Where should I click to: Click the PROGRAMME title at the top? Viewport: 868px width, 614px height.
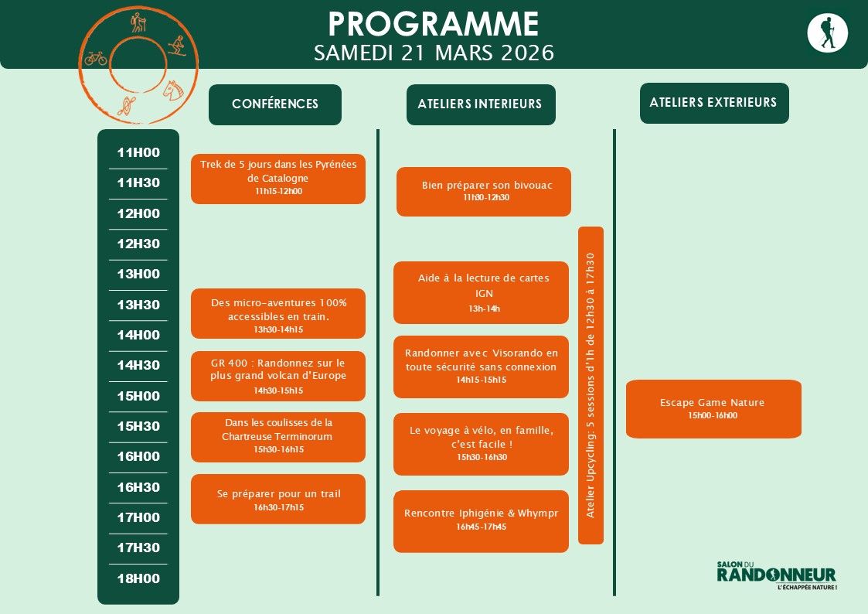[434, 24]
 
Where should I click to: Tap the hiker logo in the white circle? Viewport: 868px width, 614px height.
[827, 33]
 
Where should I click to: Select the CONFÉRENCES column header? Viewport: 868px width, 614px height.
[275, 104]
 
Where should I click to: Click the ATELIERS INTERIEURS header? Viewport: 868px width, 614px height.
[480, 104]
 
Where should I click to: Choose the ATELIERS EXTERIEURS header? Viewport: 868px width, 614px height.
[713, 103]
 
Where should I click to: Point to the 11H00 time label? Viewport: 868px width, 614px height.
[138, 152]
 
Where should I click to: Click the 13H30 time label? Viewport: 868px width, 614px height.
[138, 305]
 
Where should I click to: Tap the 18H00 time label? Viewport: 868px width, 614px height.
[138, 578]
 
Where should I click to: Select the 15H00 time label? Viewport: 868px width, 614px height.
[138, 396]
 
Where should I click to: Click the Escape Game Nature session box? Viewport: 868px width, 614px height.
[713, 408]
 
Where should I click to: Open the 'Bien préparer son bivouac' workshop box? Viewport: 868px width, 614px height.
[484, 191]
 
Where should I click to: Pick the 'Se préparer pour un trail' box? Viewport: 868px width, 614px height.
[278, 499]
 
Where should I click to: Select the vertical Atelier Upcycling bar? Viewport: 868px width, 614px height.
[591, 385]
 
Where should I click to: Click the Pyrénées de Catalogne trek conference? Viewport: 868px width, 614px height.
[278, 179]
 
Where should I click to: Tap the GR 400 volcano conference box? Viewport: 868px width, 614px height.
[278, 376]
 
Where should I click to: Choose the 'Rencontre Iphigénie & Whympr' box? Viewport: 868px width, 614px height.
[481, 520]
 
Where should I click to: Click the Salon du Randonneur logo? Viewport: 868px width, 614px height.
[776, 575]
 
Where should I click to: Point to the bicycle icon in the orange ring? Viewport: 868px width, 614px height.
[96, 58]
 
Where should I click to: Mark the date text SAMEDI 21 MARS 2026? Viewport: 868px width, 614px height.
[434, 53]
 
